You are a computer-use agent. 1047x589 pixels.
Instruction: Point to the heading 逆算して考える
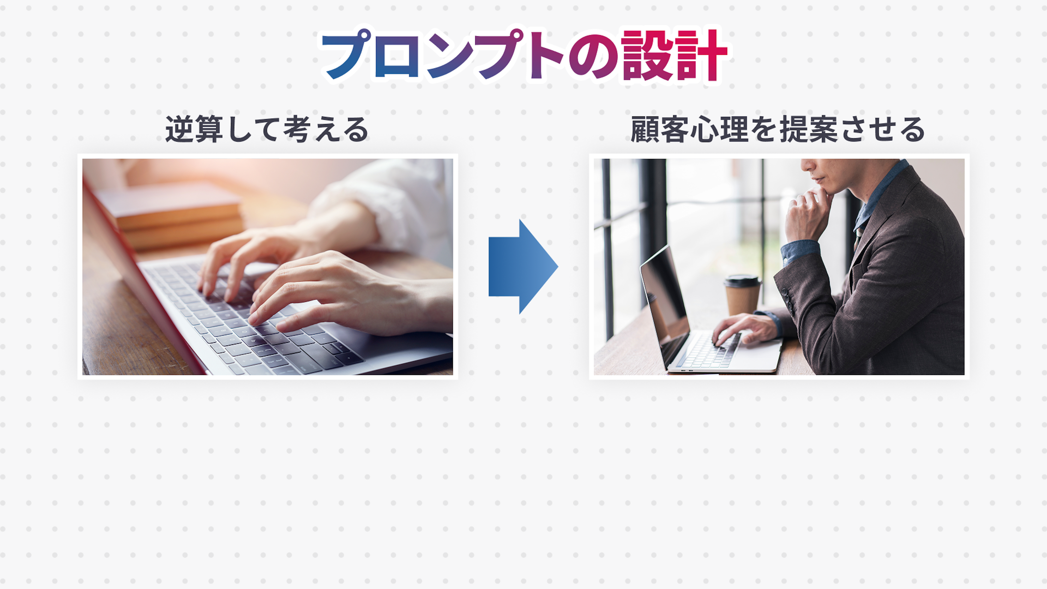point(267,129)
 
